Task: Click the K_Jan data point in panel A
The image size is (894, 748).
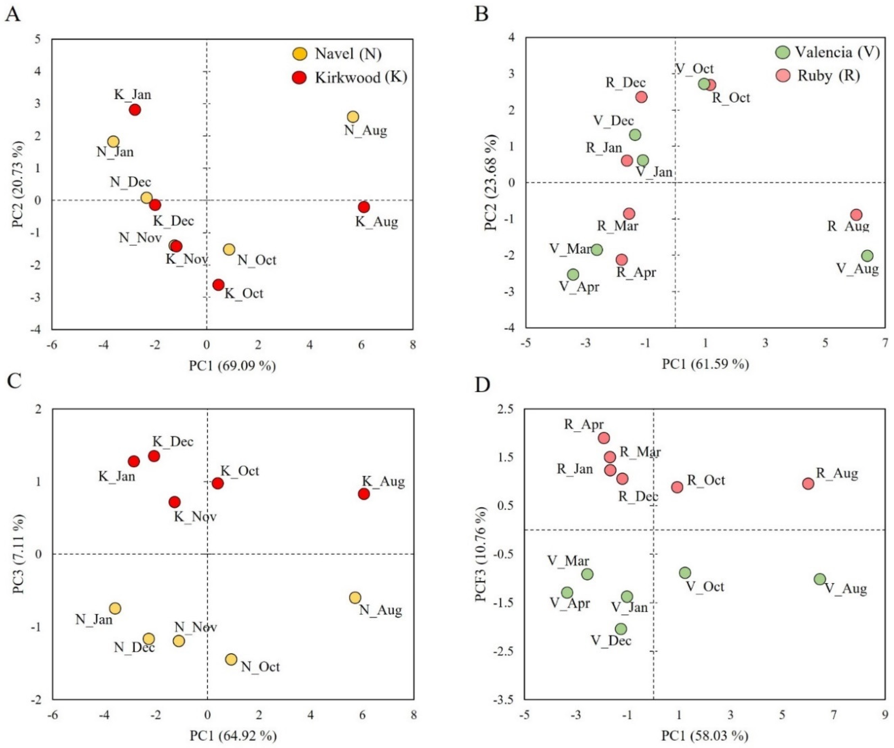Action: pos(135,110)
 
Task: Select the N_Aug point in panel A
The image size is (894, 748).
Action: pos(353,117)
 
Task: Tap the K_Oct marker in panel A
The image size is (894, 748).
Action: pos(218,285)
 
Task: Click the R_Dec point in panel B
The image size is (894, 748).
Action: pos(642,97)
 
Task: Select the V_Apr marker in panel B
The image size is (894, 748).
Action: pos(574,274)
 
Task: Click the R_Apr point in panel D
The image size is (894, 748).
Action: pos(604,438)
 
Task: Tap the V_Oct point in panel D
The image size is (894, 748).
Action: pos(685,573)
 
